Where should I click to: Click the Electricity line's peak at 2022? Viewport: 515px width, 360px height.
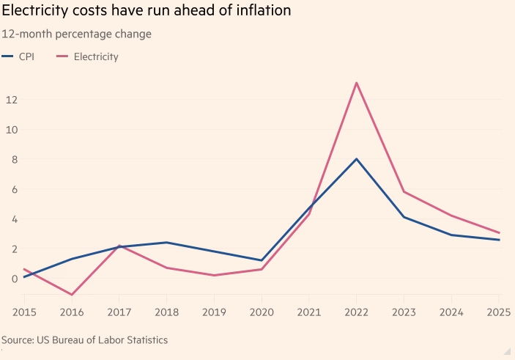click(356, 83)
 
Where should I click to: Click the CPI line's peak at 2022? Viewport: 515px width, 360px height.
click(356, 159)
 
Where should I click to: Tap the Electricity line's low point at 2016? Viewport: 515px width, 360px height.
click(72, 295)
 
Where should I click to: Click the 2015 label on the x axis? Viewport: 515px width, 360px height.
click(24, 313)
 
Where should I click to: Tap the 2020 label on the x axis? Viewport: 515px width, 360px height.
click(262, 313)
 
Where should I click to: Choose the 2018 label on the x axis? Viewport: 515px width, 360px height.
click(166, 313)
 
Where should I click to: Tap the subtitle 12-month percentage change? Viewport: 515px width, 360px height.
click(77, 34)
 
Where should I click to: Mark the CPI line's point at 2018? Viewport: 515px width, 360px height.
click(166, 243)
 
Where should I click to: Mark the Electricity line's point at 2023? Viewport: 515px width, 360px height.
click(404, 192)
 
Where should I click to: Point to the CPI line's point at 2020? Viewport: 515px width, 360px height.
click(262, 260)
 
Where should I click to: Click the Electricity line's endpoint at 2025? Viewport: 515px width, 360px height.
click(499, 233)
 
